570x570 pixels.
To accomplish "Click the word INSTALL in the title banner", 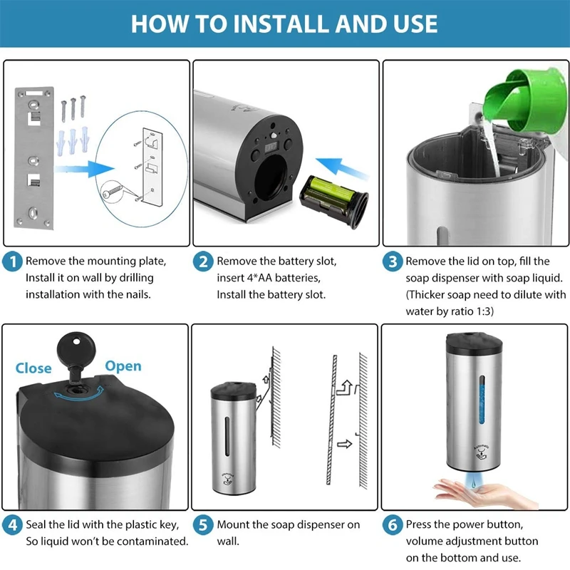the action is pyautogui.click(x=281, y=24).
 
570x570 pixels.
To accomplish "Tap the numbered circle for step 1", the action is pyautogui.click(x=12, y=261).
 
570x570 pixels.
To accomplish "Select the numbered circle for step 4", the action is pyautogui.click(x=12, y=525).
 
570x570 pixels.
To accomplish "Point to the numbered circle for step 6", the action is pyautogui.click(x=393, y=525).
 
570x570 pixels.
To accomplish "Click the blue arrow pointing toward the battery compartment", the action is pyautogui.click(x=341, y=168).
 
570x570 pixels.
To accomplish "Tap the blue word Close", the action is pyautogui.click(x=33, y=368).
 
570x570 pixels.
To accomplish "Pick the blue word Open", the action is pyautogui.click(x=123, y=366).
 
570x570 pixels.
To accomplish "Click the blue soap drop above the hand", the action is pyautogui.click(x=473, y=483).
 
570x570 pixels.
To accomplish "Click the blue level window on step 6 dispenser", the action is pyautogui.click(x=482, y=400).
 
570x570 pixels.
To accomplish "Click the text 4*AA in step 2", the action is pyautogui.click(x=260, y=278).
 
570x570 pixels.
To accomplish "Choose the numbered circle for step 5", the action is pyautogui.click(x=203, y=525).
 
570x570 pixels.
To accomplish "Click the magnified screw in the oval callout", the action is pyautogui.click(x=112, y=192).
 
